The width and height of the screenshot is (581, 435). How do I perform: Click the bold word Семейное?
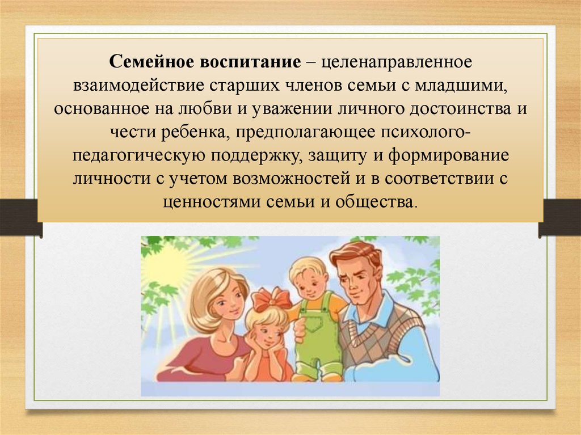click(x=151, y=62)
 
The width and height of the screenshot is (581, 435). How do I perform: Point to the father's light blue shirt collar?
click(x=370, y=312)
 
